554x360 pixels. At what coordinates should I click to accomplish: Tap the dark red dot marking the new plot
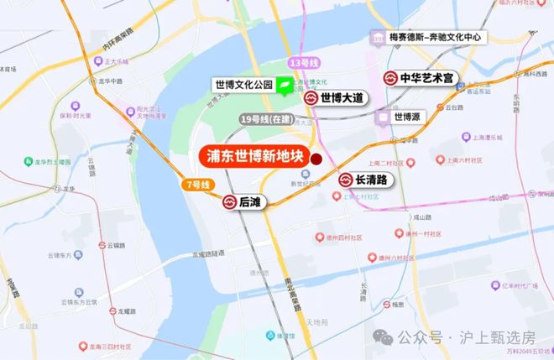click(316, 159)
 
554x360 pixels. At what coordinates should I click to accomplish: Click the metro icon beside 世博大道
click(311, 98)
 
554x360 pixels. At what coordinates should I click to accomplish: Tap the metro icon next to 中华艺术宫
click(390, 78)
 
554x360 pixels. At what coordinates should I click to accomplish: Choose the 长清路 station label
click(371, 180)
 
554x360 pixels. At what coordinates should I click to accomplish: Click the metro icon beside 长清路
click(346, 180)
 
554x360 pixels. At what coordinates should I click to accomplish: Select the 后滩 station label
click(248, 201)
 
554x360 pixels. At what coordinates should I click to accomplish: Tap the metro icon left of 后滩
click(228, 201)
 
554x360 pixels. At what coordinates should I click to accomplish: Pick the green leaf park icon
click(285, 85)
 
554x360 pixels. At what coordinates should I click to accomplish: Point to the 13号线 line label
click(300, 64)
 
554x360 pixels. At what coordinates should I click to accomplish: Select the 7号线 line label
click(195, 183)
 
